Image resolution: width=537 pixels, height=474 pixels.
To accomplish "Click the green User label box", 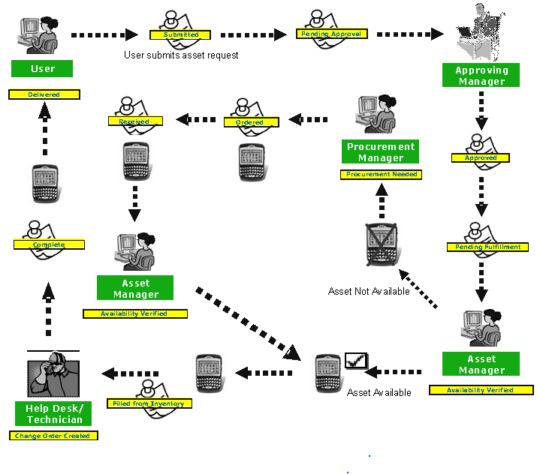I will (43, 69).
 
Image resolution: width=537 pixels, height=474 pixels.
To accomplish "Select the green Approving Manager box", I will (481, 76).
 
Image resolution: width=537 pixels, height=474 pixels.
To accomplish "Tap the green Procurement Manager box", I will (381, 152).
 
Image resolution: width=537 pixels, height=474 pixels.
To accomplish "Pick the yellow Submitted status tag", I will (181, 34).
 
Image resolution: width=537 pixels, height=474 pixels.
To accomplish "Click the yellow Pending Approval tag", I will (330, 34).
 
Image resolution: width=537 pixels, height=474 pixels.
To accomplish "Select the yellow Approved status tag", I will (481, 158).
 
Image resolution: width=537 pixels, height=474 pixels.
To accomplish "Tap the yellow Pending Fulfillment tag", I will (487, 247).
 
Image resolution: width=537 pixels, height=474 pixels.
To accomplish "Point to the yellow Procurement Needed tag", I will (381, 174).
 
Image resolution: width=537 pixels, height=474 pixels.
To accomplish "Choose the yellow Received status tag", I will (134, 121).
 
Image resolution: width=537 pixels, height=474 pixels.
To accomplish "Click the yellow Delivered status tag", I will (44, 94).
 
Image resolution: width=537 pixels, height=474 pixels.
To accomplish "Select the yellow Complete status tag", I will (49, 244).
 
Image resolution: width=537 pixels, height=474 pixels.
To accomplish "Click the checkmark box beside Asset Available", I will (354, 362).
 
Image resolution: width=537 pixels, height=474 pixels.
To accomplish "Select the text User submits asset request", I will (181, 55).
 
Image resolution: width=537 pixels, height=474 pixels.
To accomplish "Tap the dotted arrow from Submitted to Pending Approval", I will (254, 34).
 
